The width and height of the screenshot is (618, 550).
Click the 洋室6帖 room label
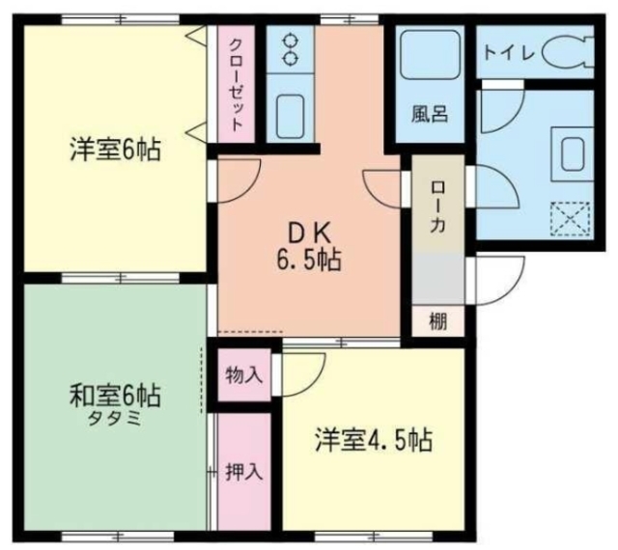[x=116, y=149]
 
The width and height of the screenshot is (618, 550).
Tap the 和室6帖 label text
[x=116, y=396]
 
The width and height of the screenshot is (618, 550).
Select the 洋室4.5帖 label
[x=374, y=439]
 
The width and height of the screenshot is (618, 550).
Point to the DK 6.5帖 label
[x=309, y=247]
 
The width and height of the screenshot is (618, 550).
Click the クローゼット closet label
[x=236, y=84]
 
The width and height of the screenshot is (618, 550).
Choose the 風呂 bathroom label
[x=430, y=114]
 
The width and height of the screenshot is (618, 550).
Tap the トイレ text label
[x=509, y=53]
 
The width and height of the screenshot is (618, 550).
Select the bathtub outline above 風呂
[x=431, y=54]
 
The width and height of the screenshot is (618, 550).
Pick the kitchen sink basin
[x=290, y=116]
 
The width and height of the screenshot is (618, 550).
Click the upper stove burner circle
[x=291, y=41]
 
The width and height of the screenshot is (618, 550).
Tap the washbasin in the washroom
[x=573, y=154]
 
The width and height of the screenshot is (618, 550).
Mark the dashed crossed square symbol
[x=571, y=219]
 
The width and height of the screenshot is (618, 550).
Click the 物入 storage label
[x=244, y=374]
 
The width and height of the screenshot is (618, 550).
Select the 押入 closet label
[x=244, y=471]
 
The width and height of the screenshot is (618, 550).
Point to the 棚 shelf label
[x=438, y=320]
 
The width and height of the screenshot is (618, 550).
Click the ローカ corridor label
[x=437, y=206]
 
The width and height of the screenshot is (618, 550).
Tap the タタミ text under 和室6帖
[x=114, y=419]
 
